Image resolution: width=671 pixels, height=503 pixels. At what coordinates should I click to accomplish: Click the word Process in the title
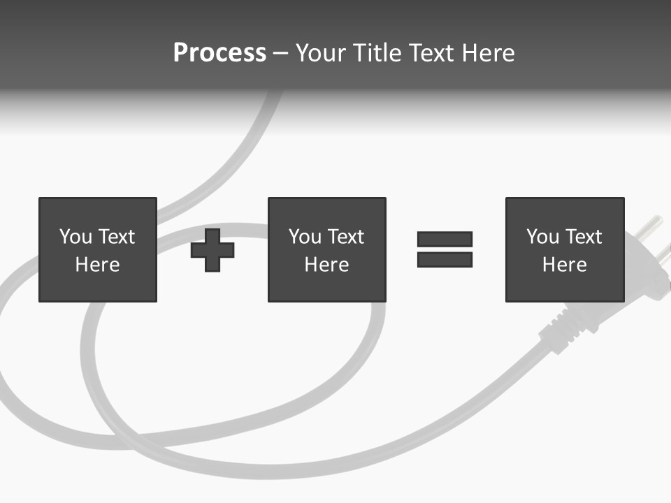pyautogui.click(x=219, y=53)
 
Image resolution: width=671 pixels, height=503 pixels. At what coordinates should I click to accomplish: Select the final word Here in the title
pyautogui.click(x=489, y=53)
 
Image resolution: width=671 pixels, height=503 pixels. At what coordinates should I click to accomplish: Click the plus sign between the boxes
pyautogui.click(x=212, y=250)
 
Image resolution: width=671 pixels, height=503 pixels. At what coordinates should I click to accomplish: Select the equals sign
pyautogui.click(x=445, y=249)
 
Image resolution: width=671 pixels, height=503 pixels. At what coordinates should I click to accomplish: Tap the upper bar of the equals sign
pyautogui.click(x=445, y=239)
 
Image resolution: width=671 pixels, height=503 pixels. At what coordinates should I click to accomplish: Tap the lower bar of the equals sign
pyautogui.click(x=445, y=260)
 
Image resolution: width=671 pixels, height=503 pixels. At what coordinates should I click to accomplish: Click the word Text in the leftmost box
pyautogui.click(x=116, y=237)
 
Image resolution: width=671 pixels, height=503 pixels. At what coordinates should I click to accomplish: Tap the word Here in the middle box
pyautogui.click(x=326, y=265)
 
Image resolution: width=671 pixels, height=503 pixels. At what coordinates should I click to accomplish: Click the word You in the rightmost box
pyautogui.click(x=542, y=237)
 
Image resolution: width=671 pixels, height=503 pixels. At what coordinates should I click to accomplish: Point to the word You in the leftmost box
pyautogui.click(x=75, y=237)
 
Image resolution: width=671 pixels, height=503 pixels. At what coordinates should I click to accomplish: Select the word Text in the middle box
pyautogui.click(x=345, y=237)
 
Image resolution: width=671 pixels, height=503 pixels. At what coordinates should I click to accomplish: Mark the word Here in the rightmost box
pyautogui.click(x=564, y=265)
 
